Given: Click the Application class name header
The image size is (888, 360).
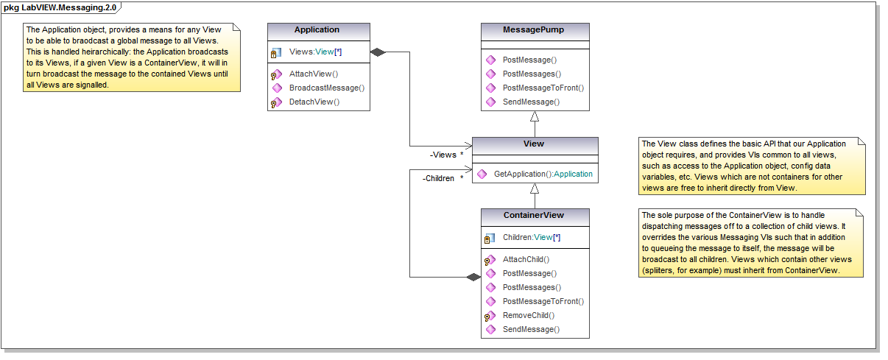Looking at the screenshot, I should click(x=317, y=30).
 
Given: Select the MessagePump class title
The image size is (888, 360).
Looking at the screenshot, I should click(x=535, y=30).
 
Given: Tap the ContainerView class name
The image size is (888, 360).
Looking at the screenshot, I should click(x=535, y=216).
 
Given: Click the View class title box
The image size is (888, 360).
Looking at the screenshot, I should click(x=535, y=144).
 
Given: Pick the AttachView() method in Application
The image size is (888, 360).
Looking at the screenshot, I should click(x=313, y=74).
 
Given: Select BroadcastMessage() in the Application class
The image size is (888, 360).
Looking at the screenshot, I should click(x=326, y=88).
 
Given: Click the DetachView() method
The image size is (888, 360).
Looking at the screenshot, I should click(x=314, y=102).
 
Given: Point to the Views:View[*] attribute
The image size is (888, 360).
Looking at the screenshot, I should click(x=315, y=52).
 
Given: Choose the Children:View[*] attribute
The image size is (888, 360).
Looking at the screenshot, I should click(x=532, y=239).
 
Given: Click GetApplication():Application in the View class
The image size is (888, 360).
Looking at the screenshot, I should click(x=543, y=174).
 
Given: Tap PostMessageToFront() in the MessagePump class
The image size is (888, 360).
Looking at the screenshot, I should click(x=543, y=88).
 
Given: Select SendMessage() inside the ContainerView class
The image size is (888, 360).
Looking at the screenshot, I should click(x=530, y=329).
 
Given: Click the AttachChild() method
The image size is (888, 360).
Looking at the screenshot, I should click(x=526, y=259).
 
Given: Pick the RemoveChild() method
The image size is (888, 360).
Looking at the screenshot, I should click(x=528, y=315).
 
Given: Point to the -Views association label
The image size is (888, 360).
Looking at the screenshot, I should click(x=443, y=155).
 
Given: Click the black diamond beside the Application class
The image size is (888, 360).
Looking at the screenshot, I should click(x=378, y=52).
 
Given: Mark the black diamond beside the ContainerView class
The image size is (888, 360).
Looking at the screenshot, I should click(x=473, y=278).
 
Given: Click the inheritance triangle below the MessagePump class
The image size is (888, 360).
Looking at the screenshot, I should click(x=535, y=117).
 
